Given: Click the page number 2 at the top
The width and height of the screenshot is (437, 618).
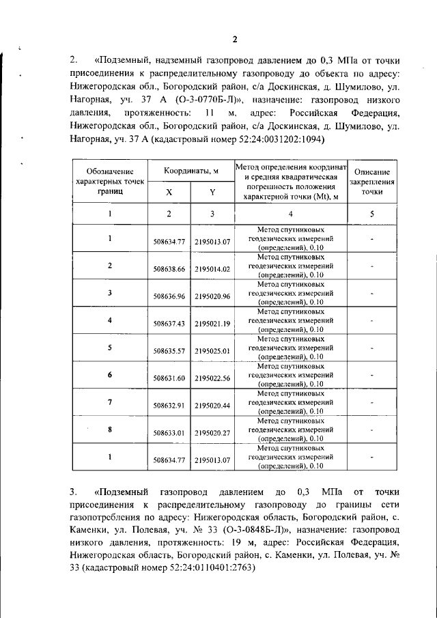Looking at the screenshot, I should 234,38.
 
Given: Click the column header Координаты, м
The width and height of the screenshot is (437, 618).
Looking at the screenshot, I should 191,171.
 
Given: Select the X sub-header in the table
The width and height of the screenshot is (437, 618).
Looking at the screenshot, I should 169,193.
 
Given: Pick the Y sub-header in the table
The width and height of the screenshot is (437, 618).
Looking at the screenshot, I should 212,193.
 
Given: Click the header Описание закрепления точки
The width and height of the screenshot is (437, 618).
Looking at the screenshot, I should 372,182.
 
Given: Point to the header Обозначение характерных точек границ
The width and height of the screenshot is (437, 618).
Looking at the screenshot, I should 110,182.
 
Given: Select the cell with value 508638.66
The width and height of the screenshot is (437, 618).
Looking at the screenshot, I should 169,269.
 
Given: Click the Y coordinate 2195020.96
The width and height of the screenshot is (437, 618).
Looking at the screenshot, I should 212,296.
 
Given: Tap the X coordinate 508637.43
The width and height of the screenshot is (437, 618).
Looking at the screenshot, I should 169,324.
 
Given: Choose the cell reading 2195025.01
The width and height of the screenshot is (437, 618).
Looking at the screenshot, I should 212,351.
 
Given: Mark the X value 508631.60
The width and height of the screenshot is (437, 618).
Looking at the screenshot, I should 169,378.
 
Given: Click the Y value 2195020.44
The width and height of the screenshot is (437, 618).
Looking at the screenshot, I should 212,406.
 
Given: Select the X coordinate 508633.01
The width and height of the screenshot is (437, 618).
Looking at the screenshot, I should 169,433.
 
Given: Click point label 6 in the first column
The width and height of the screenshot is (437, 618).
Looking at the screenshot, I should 110,374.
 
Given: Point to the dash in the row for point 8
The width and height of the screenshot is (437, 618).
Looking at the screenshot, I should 372,430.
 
